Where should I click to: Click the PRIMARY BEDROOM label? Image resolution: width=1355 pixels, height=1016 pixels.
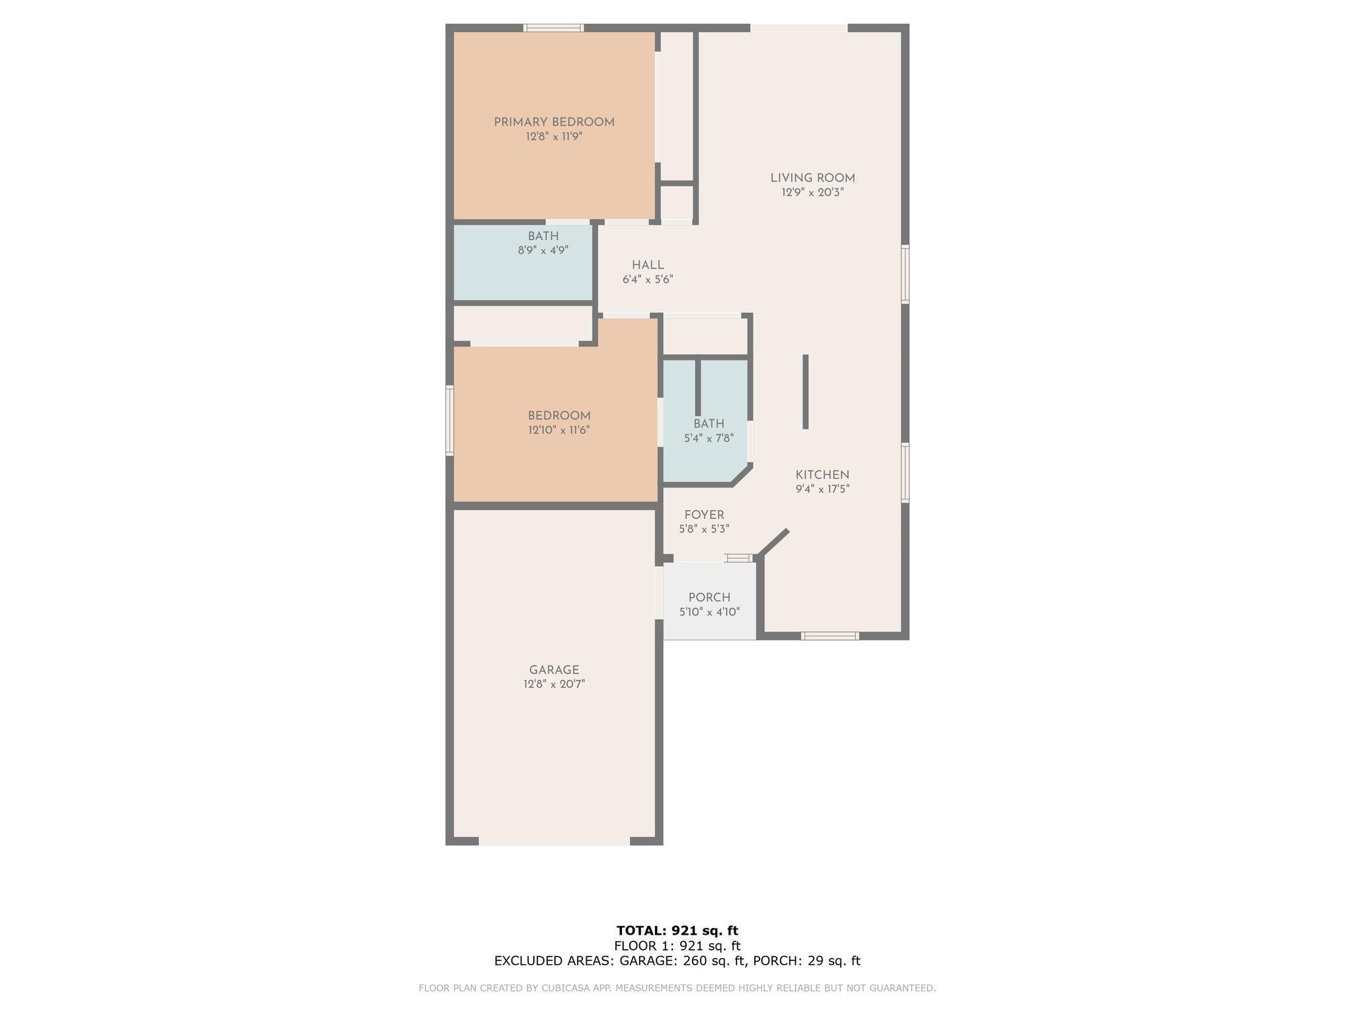pos(554,122)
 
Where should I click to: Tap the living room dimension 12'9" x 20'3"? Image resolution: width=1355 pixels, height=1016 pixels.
pos(812,192)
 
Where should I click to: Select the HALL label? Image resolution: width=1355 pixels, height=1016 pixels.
pos(648,265)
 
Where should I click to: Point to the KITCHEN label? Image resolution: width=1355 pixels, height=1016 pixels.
pos(822,475)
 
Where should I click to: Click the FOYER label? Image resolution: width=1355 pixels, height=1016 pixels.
pos(704,515)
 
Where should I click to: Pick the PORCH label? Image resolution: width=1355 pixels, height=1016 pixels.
pos(709,597)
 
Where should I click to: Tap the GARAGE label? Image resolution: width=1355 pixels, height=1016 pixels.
pos(554,670)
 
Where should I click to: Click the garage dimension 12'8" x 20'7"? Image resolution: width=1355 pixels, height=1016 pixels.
pos(554,684)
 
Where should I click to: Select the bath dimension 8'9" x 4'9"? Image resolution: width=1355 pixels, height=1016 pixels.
pos(543,251)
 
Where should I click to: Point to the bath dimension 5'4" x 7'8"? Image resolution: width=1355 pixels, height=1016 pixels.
pos(709,438)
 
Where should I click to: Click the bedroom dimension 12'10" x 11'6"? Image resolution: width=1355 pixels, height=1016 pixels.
pos(558,430)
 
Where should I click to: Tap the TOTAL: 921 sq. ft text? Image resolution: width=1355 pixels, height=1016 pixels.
pos(677,931)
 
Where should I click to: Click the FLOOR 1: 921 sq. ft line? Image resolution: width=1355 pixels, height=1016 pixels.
pos(677,946)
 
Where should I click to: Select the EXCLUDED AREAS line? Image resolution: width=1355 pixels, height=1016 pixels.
pos(677,961)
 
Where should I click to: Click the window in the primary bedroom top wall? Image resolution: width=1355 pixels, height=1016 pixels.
pos(554,28)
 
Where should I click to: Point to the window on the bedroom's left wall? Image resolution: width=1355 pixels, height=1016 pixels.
pos(449,421)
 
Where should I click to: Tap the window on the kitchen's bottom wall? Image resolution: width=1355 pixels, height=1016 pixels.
pos(830,636)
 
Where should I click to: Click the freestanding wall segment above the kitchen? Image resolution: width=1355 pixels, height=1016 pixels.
pos(805,392)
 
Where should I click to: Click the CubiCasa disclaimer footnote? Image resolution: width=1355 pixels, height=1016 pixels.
pos(677,988)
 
